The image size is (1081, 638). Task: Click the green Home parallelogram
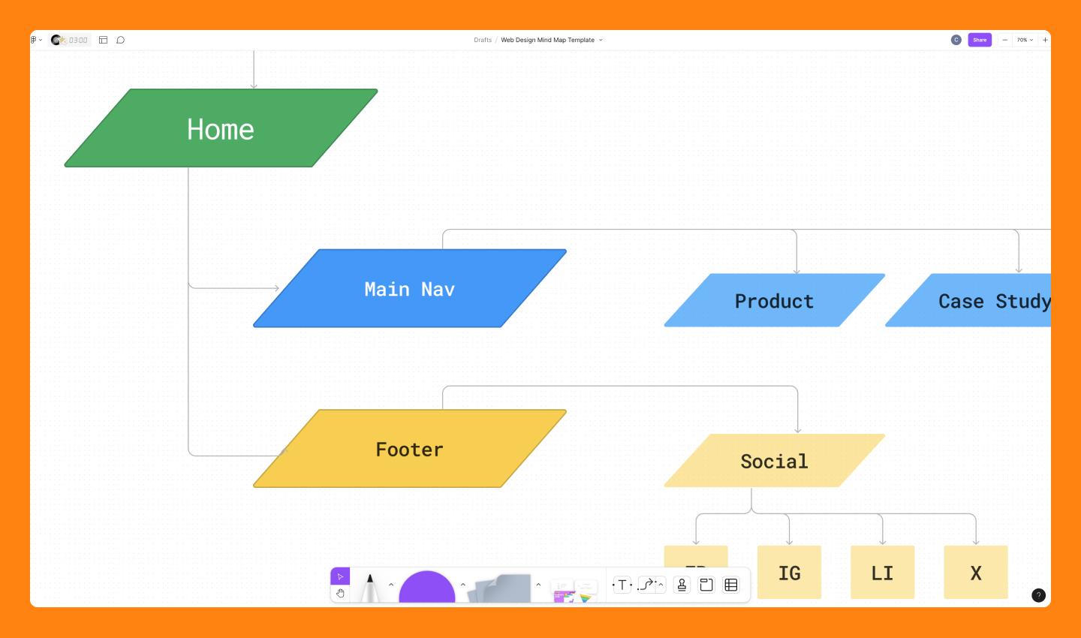pyautogui.click(x=221, y=128)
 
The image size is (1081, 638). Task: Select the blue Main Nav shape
pyautogui.click(x=409, y=289)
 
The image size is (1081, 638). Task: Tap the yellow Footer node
pyautogui.click(x=409, y=449)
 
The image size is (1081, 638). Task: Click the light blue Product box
pyautogui.click(x=774, y=301)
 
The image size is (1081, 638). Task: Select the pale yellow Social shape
pyautogui.click(x=774, y=461)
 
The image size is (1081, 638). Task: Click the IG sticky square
pyautogui.click(x=789, y=573)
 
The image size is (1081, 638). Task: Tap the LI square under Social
pyautogui.click(x=882, y=573)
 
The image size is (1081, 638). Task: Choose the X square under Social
pyautogui.click(x=975, y=573)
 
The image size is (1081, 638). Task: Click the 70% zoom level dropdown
pyautogui.click(x=1025, y=40)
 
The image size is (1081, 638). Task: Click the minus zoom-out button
pyautogui.click(x=1004, y=40)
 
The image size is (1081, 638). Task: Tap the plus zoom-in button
pyautogui.click(x=1045, y=40)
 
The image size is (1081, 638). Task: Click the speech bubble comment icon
pyautogui.click(x=120, y=40)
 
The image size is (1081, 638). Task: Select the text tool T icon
pyautogui.click(x=622, y=585)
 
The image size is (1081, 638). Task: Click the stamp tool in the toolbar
pyautogui.click(x=682, y=585)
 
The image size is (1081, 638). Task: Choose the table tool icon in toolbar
pyautogui.click(x=731, y=585)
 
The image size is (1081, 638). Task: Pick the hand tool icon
pyautogui.click(x=340, y=593)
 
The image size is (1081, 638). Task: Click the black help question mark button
pyautogui.click(x=1038, y=595)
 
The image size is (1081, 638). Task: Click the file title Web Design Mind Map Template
pyautogui.click(x=548, y=40)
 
